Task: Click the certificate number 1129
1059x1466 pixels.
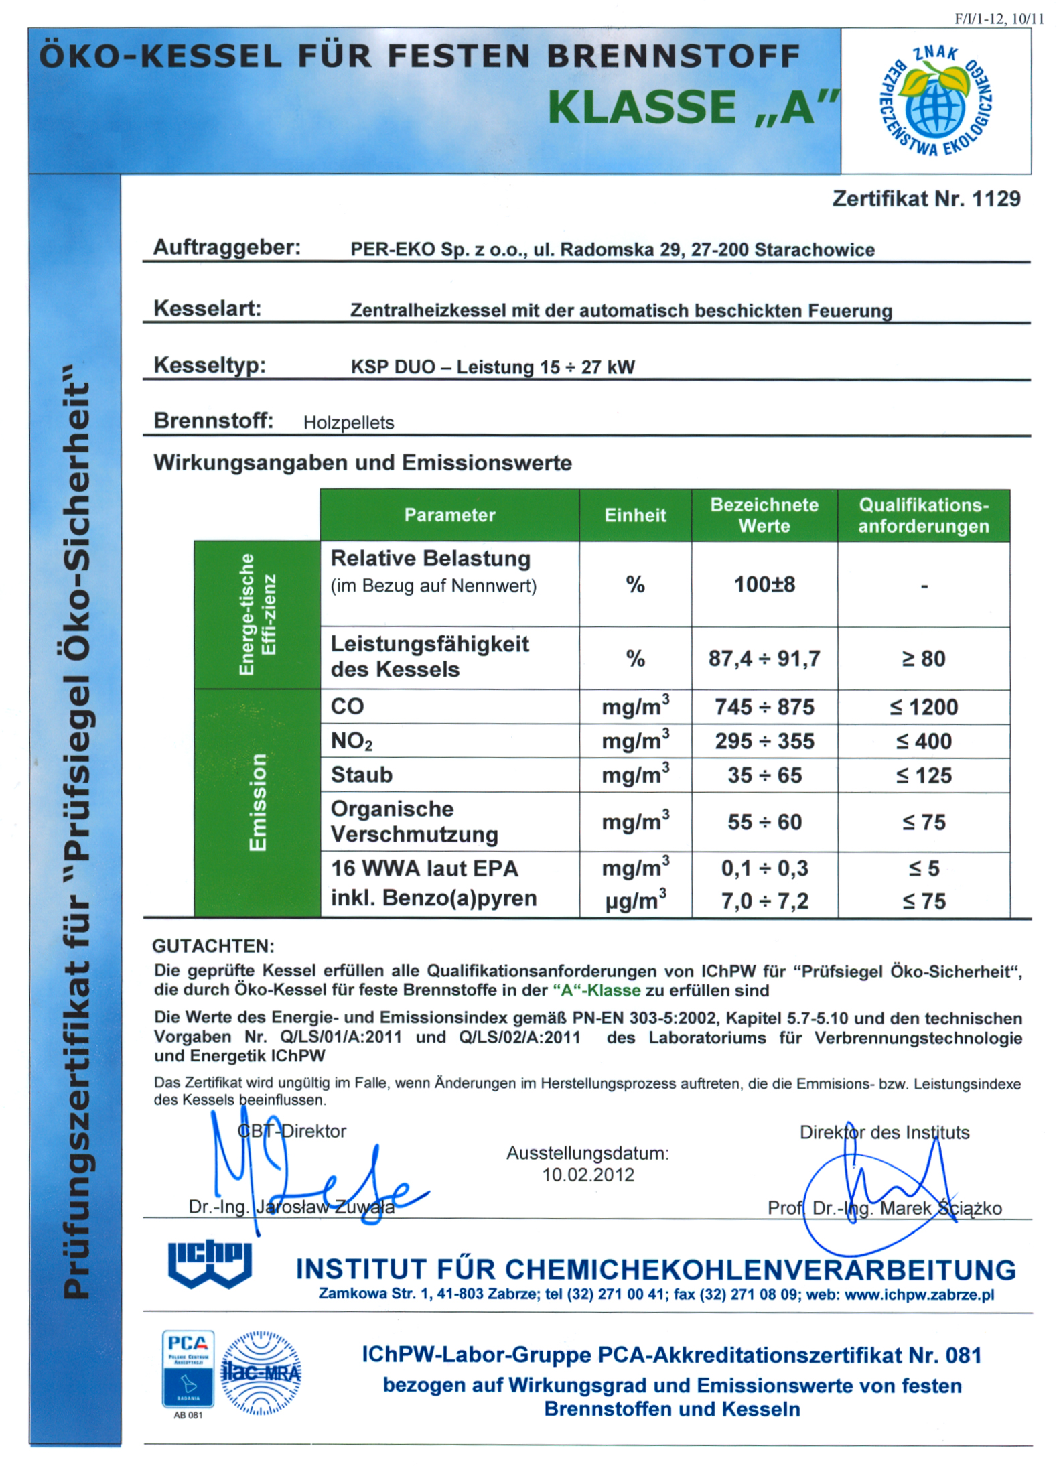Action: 995,198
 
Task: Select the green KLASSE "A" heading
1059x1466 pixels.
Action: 693,108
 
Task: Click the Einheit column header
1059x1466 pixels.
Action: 634,515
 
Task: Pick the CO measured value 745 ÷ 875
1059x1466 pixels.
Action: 764,706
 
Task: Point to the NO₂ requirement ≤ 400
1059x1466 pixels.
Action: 923,741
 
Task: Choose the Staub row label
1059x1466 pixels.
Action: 361,775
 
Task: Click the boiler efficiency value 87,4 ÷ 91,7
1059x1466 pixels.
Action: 764,658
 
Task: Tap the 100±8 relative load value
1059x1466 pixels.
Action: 764,584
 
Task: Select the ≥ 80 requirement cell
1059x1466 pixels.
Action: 923,658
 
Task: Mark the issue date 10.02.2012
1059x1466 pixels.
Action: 587,1175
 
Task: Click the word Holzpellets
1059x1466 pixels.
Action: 348,423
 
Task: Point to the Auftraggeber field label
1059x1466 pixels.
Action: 227,247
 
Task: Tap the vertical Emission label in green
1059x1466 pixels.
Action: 257,803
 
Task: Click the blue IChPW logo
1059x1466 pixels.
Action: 209,1264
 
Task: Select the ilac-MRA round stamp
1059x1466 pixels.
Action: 261,1373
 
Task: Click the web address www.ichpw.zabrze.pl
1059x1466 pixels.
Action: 919,1294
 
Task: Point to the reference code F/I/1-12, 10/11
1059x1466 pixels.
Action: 999,19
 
